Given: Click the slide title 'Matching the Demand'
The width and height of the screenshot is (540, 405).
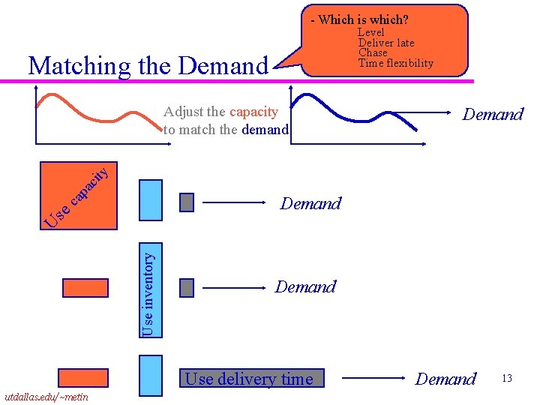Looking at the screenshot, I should point(148,66).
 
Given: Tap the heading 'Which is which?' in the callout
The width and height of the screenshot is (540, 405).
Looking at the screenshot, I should point(362,19).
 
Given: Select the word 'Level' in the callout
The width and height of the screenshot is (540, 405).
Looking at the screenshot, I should point(370,32).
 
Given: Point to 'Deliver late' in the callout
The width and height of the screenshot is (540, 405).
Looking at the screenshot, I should point(385,43).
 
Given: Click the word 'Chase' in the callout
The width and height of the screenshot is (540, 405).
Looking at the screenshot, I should point(373,52).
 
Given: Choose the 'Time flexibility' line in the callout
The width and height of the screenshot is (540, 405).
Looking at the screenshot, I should point(395,63).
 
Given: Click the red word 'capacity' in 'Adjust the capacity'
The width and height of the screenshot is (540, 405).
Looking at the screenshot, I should point(253,112).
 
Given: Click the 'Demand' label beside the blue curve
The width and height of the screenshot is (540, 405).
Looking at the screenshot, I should point(492,115).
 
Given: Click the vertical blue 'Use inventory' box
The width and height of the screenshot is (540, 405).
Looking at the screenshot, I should point(150,286).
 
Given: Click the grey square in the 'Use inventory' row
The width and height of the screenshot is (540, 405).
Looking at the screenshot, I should point(187,287).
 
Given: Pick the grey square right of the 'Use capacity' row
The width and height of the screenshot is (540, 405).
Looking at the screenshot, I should point(187,202).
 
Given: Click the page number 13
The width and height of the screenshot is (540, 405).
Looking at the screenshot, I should point(507,378).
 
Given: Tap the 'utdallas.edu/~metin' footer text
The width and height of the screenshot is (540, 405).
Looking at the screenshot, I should point(46,397).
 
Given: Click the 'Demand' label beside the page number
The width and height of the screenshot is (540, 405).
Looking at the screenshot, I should point(445,379).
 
